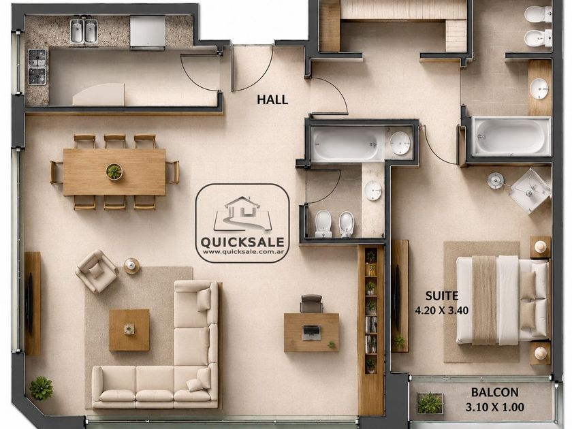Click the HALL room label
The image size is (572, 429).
point(272,99)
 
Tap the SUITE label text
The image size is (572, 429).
point(442,295)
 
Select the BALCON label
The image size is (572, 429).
point(494,392)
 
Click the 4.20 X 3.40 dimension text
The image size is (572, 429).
point(442,311)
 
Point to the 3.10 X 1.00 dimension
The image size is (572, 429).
point(494,407)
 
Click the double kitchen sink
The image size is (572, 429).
point(84,31)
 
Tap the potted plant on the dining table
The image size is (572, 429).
point(114,172)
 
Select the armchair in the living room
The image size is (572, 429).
point(97,271)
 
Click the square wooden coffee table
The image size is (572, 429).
point(129,330)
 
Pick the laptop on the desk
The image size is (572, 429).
point(311,332)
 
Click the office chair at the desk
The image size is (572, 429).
point(312,304)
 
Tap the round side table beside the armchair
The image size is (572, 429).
point(131,266)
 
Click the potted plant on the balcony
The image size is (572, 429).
point(430,403)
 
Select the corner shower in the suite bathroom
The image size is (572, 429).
point(530,191)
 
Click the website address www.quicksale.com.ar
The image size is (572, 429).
point(243,252)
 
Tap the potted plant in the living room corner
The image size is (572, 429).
point(42,387)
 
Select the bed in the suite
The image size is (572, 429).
point(503,300)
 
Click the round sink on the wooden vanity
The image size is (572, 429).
point(539,89)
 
